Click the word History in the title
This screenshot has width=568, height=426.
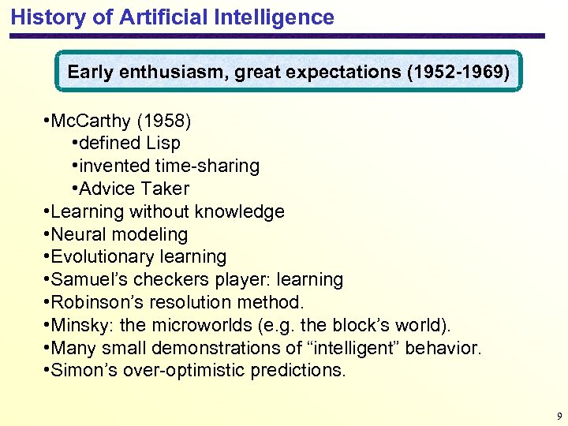tap(45, 17)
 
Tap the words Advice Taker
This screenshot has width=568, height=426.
tap(134, 189)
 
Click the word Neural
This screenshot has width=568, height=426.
tap(78, 235)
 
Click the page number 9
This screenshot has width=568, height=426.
tap(559, 416)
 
